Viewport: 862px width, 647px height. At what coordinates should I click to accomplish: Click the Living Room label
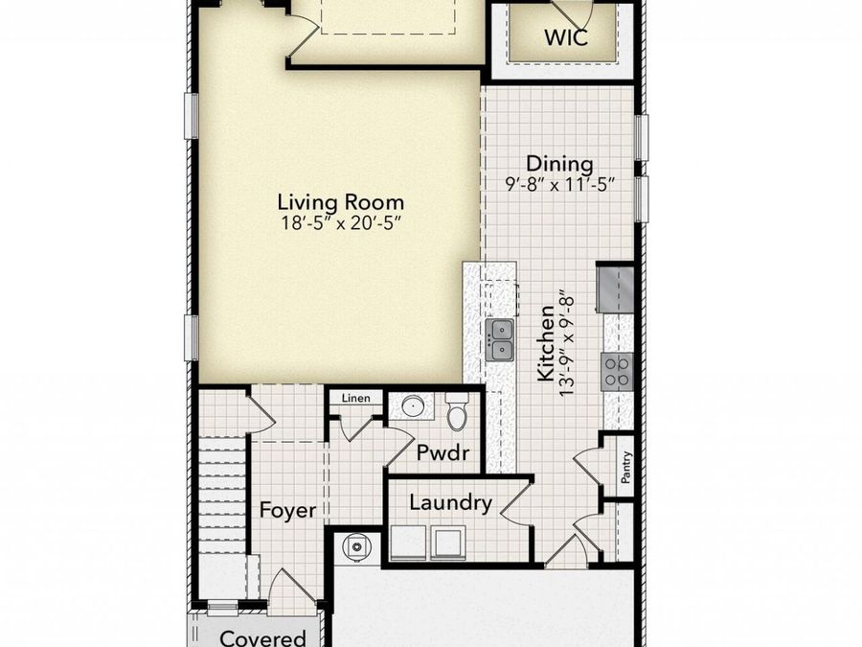(340, 202)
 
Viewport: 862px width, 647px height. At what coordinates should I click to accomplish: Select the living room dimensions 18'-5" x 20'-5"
(340, 222)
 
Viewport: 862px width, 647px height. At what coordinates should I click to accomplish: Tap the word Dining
(559, 164)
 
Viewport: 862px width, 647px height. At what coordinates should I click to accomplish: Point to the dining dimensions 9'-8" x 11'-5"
(559, 183)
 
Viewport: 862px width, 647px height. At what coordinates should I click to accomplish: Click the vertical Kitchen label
(545, 343)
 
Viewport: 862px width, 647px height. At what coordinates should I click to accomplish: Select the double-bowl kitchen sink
(501, 340)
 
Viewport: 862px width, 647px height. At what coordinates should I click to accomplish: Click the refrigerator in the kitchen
(615, 289)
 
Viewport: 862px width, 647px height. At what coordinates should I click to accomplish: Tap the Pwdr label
(442, 452)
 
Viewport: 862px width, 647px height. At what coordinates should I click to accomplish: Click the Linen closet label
(356, 398)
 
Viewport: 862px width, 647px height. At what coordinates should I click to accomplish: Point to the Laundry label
(450, 502)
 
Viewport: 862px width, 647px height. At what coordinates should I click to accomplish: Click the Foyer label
(287, 510)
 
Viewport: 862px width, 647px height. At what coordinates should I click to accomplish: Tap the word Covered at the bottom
(262, 637)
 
